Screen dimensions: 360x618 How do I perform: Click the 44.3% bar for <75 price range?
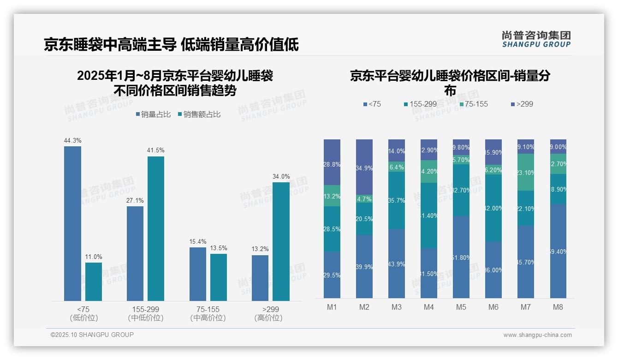coord(72,223)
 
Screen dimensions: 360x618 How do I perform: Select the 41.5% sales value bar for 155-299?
coord(156,228)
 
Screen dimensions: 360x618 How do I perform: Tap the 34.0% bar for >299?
coord(281,241)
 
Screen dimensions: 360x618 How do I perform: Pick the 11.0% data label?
coord(94,257)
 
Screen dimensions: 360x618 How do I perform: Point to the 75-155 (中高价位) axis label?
coord(208,313)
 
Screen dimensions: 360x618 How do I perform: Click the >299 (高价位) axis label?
coord(270,313)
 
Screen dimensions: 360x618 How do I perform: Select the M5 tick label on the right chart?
coord(461,307)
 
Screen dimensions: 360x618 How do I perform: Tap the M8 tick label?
coord(558,307)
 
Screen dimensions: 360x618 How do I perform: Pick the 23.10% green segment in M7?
coord(526,172)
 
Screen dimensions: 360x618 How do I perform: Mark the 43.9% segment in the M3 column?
coord(397,264)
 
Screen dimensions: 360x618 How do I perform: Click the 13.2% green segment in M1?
coord(332,196)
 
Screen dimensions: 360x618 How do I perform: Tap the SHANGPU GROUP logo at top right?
coord(536,39)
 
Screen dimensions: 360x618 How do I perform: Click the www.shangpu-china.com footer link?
coord(537,335)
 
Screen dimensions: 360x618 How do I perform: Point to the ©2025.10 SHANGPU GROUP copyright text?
coord(92,335)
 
